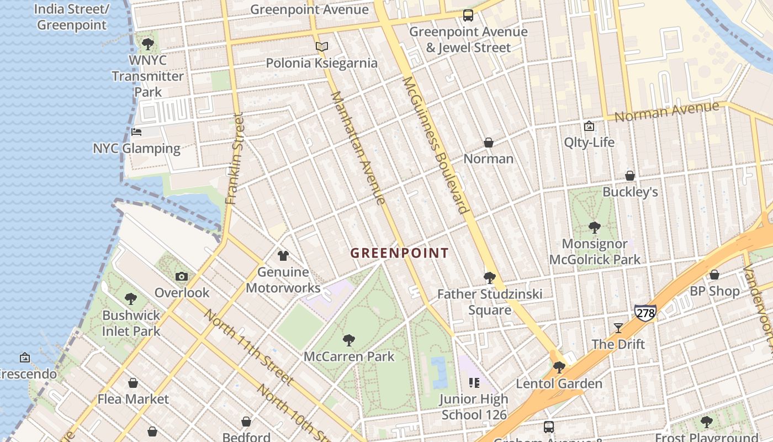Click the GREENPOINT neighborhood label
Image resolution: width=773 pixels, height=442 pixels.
click(400, 253)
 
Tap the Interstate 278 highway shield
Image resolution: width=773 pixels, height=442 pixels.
click(645, 312)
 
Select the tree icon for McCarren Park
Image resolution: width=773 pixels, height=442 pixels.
click(349, 340)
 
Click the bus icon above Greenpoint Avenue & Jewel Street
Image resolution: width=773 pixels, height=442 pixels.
click(468, 15)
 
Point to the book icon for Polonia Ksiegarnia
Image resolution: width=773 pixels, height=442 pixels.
click(322, 47)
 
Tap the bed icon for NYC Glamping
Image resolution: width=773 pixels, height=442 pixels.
click(136, 132)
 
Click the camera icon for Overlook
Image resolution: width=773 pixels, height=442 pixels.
click(182, 276)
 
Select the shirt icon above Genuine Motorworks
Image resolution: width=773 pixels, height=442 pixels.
click(283, 256)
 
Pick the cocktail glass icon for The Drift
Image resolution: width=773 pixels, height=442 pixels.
click(618, 328)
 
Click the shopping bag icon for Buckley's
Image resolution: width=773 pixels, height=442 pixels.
click(630, 176)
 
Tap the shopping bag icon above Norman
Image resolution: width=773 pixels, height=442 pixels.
click(489, 143)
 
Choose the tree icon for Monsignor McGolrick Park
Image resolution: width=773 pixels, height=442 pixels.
click(595, 227)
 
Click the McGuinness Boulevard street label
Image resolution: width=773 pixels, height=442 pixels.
click(436, 145)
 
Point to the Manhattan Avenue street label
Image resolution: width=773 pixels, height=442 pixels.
click(358, 148)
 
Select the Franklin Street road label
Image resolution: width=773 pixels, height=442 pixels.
click(235, 159)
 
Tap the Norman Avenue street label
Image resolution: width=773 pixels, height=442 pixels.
click(667, 112)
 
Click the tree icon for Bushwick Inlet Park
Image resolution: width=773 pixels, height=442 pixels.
click(131, 299)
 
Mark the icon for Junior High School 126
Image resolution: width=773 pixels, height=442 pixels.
click(474, 382)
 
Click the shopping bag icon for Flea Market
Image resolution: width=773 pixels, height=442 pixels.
click(133, 383)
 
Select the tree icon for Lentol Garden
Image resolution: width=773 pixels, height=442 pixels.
click(559, 367)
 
